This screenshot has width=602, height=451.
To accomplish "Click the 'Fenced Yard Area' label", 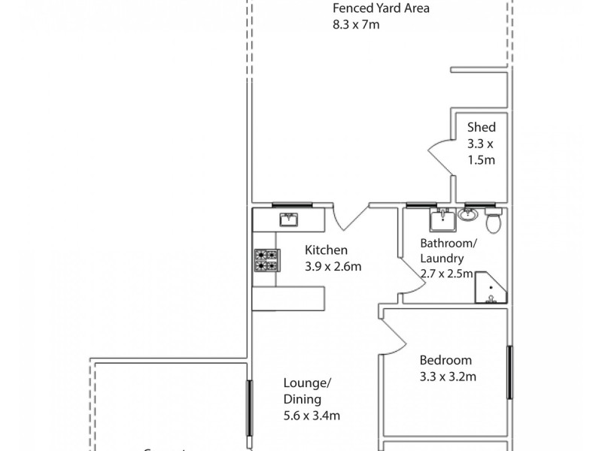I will (382, 9).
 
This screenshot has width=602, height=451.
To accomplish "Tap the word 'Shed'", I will (481, 127).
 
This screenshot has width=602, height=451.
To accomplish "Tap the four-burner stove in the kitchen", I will (266, 260).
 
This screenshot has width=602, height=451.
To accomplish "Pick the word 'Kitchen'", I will (326, 250).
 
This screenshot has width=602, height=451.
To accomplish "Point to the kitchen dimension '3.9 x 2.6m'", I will (333, 266).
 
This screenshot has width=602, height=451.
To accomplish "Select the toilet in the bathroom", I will (494, 222).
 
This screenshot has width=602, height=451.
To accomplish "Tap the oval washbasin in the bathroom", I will (467, 214).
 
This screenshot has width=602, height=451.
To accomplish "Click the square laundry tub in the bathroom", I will (442, 220).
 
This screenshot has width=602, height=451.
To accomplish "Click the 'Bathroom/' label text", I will (448, 244).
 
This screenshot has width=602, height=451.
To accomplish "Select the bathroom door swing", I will (411, 279).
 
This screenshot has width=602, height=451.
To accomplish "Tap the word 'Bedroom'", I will (445, 360).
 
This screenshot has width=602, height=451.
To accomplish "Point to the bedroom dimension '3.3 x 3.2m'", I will (448, 377).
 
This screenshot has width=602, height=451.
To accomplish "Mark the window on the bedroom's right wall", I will (510, 372).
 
